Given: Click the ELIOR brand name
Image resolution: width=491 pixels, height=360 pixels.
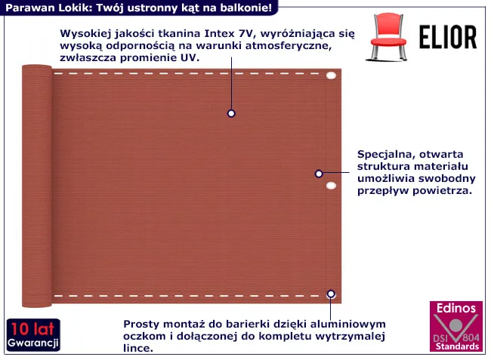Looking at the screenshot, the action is coord(448,37).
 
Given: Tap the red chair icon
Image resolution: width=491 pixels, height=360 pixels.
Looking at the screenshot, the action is coord(388,36).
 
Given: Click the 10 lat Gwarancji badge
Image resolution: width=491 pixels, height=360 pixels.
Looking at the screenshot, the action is coord(33,334).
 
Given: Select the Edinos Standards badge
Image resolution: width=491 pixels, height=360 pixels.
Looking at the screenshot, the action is coord(456,326).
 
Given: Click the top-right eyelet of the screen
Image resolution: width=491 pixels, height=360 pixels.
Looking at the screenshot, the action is coord(331,75).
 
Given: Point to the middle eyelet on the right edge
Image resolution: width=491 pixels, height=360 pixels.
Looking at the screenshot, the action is coord(331,186).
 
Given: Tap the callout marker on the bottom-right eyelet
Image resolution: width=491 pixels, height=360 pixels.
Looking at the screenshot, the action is coord(331,294).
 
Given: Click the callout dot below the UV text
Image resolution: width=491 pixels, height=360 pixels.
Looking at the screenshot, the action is coord(231,113).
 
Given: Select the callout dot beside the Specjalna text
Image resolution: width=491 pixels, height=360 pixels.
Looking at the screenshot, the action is coord(319,174).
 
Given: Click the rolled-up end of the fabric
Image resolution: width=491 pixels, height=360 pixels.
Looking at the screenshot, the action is coord(37,186).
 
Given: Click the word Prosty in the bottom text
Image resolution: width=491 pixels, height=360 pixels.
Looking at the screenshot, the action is coord(142,324).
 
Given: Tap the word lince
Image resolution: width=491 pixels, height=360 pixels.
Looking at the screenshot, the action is coord(138,348).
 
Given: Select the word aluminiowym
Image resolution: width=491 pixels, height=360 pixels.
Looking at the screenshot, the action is coord(347,324).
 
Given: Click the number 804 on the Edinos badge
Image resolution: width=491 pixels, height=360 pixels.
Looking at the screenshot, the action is coord(471,337).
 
